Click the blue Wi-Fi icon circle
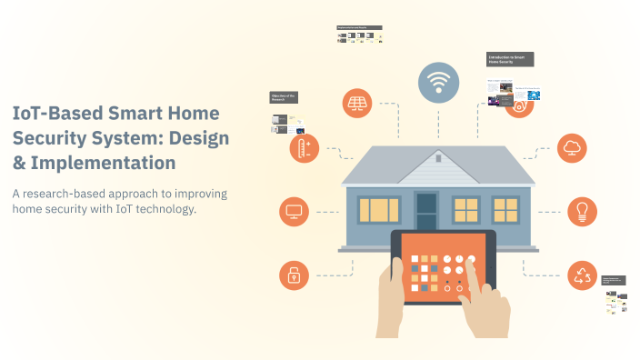[439, 82]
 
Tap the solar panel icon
[357, 104]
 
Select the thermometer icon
[303, 148]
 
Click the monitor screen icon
[294, 212]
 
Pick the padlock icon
[294, 275]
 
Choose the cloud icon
[573, 147]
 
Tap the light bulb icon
[582, 211]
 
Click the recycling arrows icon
[582, 274]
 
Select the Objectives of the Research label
[283, 96]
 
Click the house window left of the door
[377, 210]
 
